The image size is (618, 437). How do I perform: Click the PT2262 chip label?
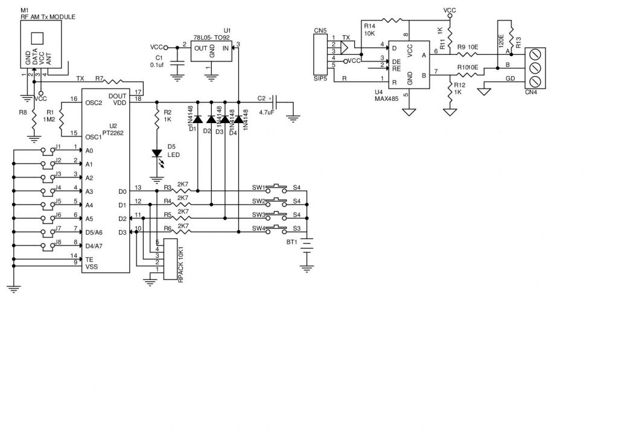pyautogui.click(x=113, y=132)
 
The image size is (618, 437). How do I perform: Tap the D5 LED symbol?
pyautogui.click(x=157, y=154)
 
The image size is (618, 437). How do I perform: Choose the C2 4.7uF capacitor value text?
pyautogui.click(x=266, y=112)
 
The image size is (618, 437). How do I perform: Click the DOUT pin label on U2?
pyautogui.click(x=117, y=95)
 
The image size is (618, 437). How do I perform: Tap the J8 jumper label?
pyautogui.click(x=59, y=243)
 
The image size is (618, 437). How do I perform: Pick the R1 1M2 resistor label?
pyautogui.click(x=50, y=116)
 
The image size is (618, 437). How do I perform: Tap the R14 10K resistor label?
pyautogui.click(x=369, y=30)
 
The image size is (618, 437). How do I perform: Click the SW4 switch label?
pyautogui.click(x=258, y=229)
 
